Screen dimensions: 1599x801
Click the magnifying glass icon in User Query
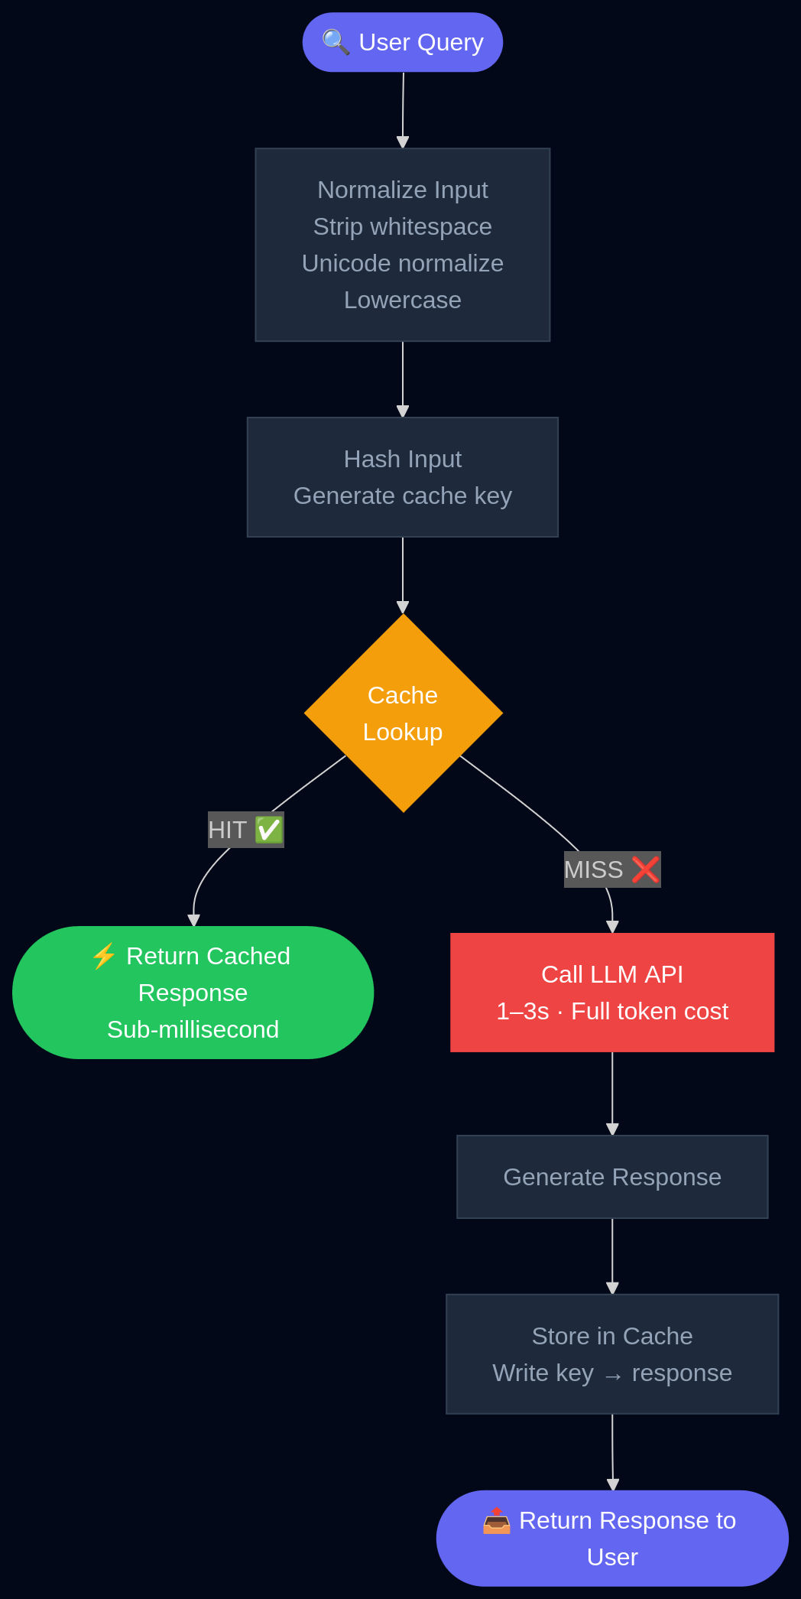point(336,42)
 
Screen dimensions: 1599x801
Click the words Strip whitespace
point(402,226)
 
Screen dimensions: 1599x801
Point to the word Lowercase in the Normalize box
point(402,300)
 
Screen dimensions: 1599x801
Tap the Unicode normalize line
point(402,263)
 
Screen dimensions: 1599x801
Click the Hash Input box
point(402,476)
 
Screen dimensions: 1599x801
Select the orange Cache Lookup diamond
point(403,713)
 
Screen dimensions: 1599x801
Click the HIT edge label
point(229,830)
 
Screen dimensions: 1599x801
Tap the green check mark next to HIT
point(269,830)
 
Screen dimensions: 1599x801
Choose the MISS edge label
point(595,869)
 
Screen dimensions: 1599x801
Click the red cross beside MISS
point(645,869)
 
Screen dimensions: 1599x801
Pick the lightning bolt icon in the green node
point(103,956)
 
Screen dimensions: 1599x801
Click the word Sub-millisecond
point(193,1029)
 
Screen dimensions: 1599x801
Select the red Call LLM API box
point(611,992)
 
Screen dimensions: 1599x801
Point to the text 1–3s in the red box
point(523,1011)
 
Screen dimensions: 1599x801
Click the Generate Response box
point(611,1177)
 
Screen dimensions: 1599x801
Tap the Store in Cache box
point(611,1354)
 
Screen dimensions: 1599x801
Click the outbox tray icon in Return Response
point(496,1520)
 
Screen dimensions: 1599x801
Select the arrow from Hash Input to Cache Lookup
point(403,574)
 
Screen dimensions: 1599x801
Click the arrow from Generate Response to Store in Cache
point(612,1254)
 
